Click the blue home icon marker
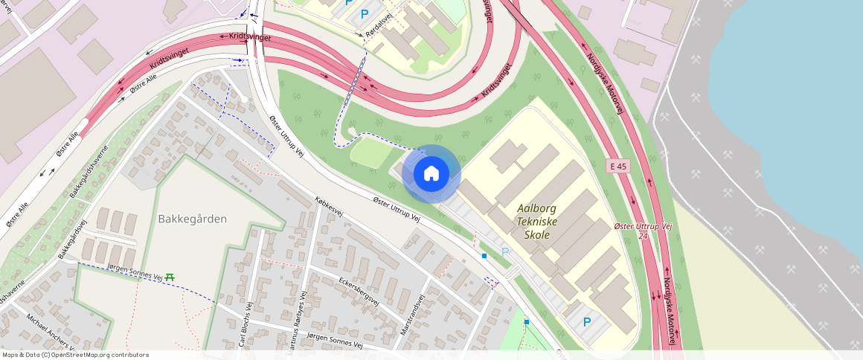[x=431, y=174]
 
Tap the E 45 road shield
[x=617, y=166]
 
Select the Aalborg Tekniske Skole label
[x=536, y=222]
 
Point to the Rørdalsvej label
[x=379, y=26]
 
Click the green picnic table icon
[x=170, y=277]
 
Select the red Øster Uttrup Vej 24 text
[x=644, y=230]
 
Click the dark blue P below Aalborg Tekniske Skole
[x=586, y=322]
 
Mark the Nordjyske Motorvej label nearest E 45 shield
[x=603, y=83]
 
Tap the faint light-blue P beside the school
[x=505, y=252]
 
